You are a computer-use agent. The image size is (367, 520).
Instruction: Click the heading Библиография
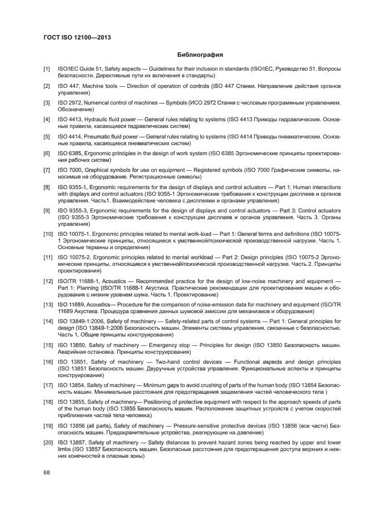click(x=200, y=56)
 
